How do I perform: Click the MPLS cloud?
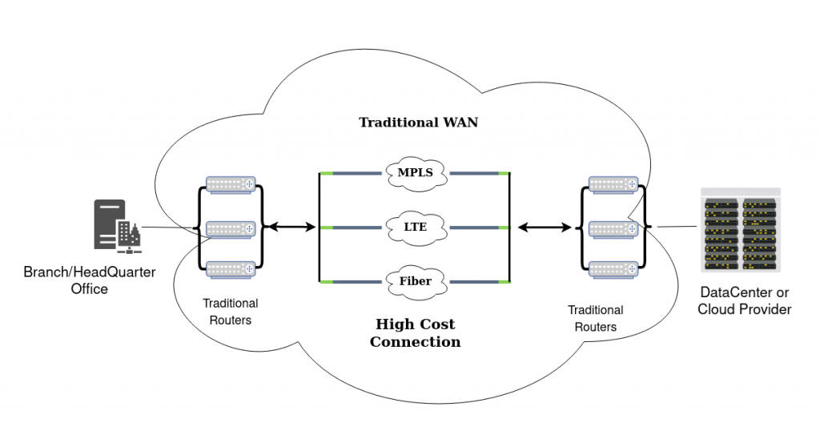click(x=414, y=172)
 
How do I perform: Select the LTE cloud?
click(x=414, y=228)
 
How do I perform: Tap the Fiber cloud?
click(x=414, y=281)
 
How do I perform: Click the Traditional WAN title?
click(x=419, y=123)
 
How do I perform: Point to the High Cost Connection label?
click(x=415, y=333)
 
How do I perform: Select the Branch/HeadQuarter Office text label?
click(x=90, y=280)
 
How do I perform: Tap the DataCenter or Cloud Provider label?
click(x=744, y=300)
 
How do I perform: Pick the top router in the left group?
click(x=231, y=184)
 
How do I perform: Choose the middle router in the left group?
click(x=231, y=229)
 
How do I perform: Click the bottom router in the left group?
click(x=231, y=270)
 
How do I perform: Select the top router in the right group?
click(x=613, y=184)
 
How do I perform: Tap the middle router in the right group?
click(x=613, y=228)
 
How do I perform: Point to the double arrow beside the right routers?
click(x=545, y=228)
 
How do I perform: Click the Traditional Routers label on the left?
click(x=231, y=312)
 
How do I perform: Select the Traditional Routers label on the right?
click(x=595, y=318)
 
